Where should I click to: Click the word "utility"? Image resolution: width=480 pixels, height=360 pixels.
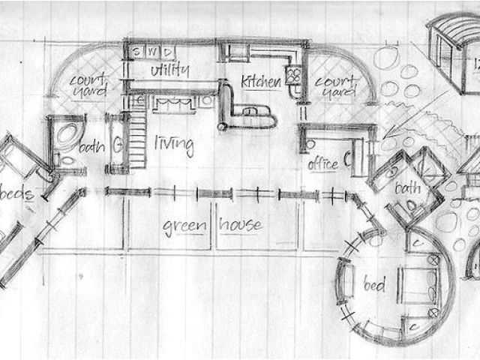click(169, 70)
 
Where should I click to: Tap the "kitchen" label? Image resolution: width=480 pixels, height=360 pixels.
click(260, 80)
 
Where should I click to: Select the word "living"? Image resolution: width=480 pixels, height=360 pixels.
click(174, 142)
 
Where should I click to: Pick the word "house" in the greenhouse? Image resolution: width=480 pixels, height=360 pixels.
click(241, 224)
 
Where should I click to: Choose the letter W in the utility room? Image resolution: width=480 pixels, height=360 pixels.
click(152, 52)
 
